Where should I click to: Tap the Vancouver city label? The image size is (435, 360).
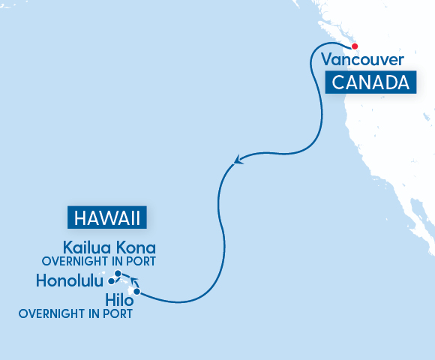[x=363, y=60]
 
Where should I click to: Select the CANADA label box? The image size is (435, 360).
[x=370, y=82]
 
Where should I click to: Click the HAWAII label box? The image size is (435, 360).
[x=107, y=218]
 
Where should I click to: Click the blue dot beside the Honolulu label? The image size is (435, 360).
[x=111, y=281]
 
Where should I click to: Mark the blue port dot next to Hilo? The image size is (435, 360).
[x=137, y=291]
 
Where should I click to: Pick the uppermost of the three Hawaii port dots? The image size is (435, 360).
[x=118, y=273]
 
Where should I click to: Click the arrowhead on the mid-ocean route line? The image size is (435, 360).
[x=237, y=160]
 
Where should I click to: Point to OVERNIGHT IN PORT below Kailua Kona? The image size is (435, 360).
[x=98, y=262]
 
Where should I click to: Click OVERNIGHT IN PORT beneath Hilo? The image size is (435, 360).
[x=76, y=314]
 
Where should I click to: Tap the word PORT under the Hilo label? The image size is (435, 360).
[x=118, y=314]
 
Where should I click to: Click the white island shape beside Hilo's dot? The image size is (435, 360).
[x=131, y=289]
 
